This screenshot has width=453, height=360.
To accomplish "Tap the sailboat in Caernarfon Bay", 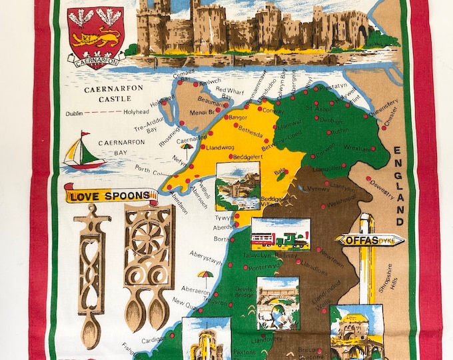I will click(x=83, y=151).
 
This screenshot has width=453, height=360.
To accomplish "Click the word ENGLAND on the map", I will click(x=398, y=187).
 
